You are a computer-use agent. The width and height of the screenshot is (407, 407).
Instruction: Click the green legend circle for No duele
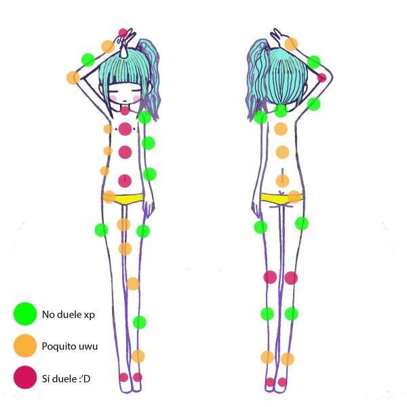25,314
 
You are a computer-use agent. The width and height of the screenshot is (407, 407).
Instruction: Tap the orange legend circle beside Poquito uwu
25,346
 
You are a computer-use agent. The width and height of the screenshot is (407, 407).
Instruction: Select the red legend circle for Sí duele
25,377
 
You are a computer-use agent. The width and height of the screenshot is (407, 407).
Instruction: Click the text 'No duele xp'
69,315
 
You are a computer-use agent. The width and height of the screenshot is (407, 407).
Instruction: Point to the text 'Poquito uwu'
70,346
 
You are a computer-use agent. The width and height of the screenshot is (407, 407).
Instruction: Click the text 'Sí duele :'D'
66,379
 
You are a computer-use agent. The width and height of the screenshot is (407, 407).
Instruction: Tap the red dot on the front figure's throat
125,111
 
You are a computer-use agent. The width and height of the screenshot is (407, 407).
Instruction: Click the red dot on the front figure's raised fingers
123,33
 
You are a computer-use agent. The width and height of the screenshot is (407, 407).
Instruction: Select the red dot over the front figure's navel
125,180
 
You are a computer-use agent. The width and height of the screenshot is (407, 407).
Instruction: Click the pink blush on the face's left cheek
113,98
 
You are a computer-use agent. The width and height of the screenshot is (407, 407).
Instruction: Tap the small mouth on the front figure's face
125,100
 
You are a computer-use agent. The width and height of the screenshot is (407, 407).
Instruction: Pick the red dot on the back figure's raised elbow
322,77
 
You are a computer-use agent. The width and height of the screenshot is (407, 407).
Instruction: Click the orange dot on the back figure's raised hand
291,44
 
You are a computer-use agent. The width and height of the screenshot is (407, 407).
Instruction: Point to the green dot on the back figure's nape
281,111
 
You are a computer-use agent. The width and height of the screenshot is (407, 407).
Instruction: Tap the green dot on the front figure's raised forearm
88,60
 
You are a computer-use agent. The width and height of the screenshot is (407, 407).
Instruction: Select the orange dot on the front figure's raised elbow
73,77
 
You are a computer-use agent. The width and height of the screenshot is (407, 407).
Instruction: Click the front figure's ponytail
149,78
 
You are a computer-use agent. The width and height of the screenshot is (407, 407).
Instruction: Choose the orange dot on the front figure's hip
109,197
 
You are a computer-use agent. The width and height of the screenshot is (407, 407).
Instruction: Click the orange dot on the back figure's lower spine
282,180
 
